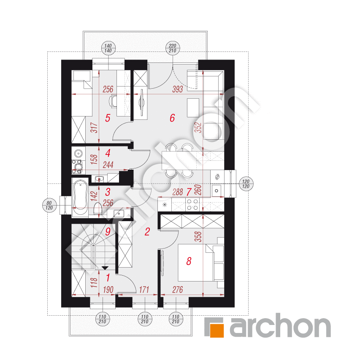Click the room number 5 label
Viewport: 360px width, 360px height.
pos(108,118)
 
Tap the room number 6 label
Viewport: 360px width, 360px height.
pos(172,118)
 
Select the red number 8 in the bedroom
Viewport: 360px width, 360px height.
pos(189,261)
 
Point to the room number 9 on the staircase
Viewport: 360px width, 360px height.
pos(108,232)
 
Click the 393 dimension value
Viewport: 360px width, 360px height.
pos(178,89)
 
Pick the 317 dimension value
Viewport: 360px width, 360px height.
pos(94,127)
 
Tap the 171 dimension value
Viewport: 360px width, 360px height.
pos(144,290)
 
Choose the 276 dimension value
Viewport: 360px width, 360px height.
pos(178,290)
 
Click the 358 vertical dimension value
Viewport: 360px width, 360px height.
pos(198,236)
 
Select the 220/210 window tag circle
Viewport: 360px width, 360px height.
pos(173,48)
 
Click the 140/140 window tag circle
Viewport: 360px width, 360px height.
pos(108,48)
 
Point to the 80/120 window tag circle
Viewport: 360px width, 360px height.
pos(49,205)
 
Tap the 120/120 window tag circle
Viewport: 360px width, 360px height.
pos(246,184)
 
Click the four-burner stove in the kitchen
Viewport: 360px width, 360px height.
pos(192,205)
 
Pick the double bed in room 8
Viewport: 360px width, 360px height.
pos(196,263)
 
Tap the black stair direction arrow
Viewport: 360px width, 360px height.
pos(105,268)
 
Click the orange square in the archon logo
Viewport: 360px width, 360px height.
pos(217,330)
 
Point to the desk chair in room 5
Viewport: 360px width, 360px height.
pos(113,101)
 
